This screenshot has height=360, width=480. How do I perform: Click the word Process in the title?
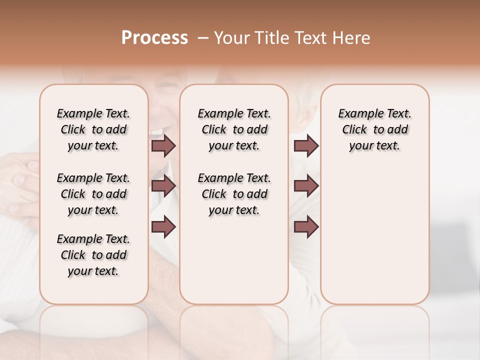pyautogui.click(x=154, y=38)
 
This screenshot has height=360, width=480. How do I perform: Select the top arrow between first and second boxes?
pyautogui.click(x=163, y=145)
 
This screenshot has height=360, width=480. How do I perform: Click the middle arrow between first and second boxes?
pyautogui.click(x=163, y=186)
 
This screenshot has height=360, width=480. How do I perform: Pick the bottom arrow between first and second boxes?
pyautogui.click(x=163, y=226)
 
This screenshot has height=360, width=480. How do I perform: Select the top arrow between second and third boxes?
pyautogui.click(x=306, y=145)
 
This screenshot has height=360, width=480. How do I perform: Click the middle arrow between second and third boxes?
pyautogui.click(x=306, y=186)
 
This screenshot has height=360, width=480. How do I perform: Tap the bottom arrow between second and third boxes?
pyautogui.click(x=306, y=226)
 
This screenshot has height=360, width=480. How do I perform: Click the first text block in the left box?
pyautogui.click(x=93, y=129)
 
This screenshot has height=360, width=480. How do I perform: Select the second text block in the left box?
pyautogui.click(x=93, y=194)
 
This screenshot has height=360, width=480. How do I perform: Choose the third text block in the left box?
pyautogui.click(x=93, y=255)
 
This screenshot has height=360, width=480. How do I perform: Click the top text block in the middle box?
pyautogui.click(x=234, y=129)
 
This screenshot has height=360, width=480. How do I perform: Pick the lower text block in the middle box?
pyautogui.click(x=234, y=194)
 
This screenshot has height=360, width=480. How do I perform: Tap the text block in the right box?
pyautogui.click(x=375, y=129)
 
